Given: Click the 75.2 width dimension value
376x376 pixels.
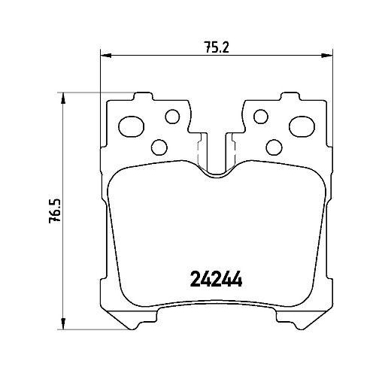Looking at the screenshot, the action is click(x=217, y=47).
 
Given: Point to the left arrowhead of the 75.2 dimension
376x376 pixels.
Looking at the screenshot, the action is click(x=105, y=56).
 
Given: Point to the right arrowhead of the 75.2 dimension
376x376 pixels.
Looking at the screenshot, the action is click(x=327, y=56).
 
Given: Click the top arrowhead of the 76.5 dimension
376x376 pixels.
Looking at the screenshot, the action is click(x=63, y=98).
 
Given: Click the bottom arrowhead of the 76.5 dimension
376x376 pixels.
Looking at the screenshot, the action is click(x=63, y=324).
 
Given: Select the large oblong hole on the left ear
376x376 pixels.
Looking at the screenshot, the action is click(x=132, y=126).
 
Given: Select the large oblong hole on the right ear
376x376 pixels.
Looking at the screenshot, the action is click(x=302, y=126).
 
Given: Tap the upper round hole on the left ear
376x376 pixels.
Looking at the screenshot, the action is click(x=172, y=117).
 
